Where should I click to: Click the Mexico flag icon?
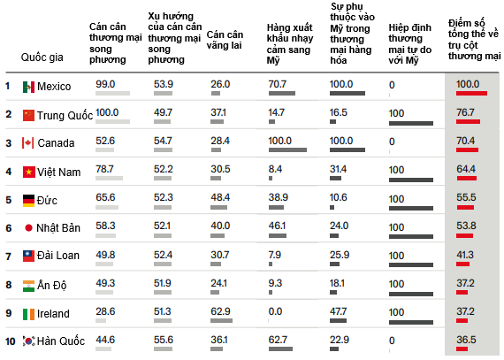(x=28, y=87)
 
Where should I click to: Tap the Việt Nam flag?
(x=28, y=172)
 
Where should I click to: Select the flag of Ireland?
(x=28, y=314)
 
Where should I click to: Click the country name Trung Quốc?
(x=65, y=115)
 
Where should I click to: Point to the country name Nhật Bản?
(x=58, y=228)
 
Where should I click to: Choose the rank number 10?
(x=11, y=341)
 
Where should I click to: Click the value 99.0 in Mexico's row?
(x=105, y=84)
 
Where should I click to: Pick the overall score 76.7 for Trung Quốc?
(x=465, y=112)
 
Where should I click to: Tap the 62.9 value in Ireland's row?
(x=220, y=311)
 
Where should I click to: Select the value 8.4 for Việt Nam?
(x=275, y=169)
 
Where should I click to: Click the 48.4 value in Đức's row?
(x=220, y=197)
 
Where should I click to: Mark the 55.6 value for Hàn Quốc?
(x=164, y=340)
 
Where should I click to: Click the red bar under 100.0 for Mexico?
(x=471, y=94)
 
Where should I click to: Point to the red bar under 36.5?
(x=462, y=349)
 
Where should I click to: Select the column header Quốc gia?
(x=42, y=57)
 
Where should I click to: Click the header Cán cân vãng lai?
(x=225, y=40)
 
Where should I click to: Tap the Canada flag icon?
(x=28, y=143)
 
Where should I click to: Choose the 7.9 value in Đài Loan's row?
(x=274, y=255)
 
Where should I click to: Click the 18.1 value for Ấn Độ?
(x=337, y=283)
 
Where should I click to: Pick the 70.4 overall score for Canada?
(x=466, y=141)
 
